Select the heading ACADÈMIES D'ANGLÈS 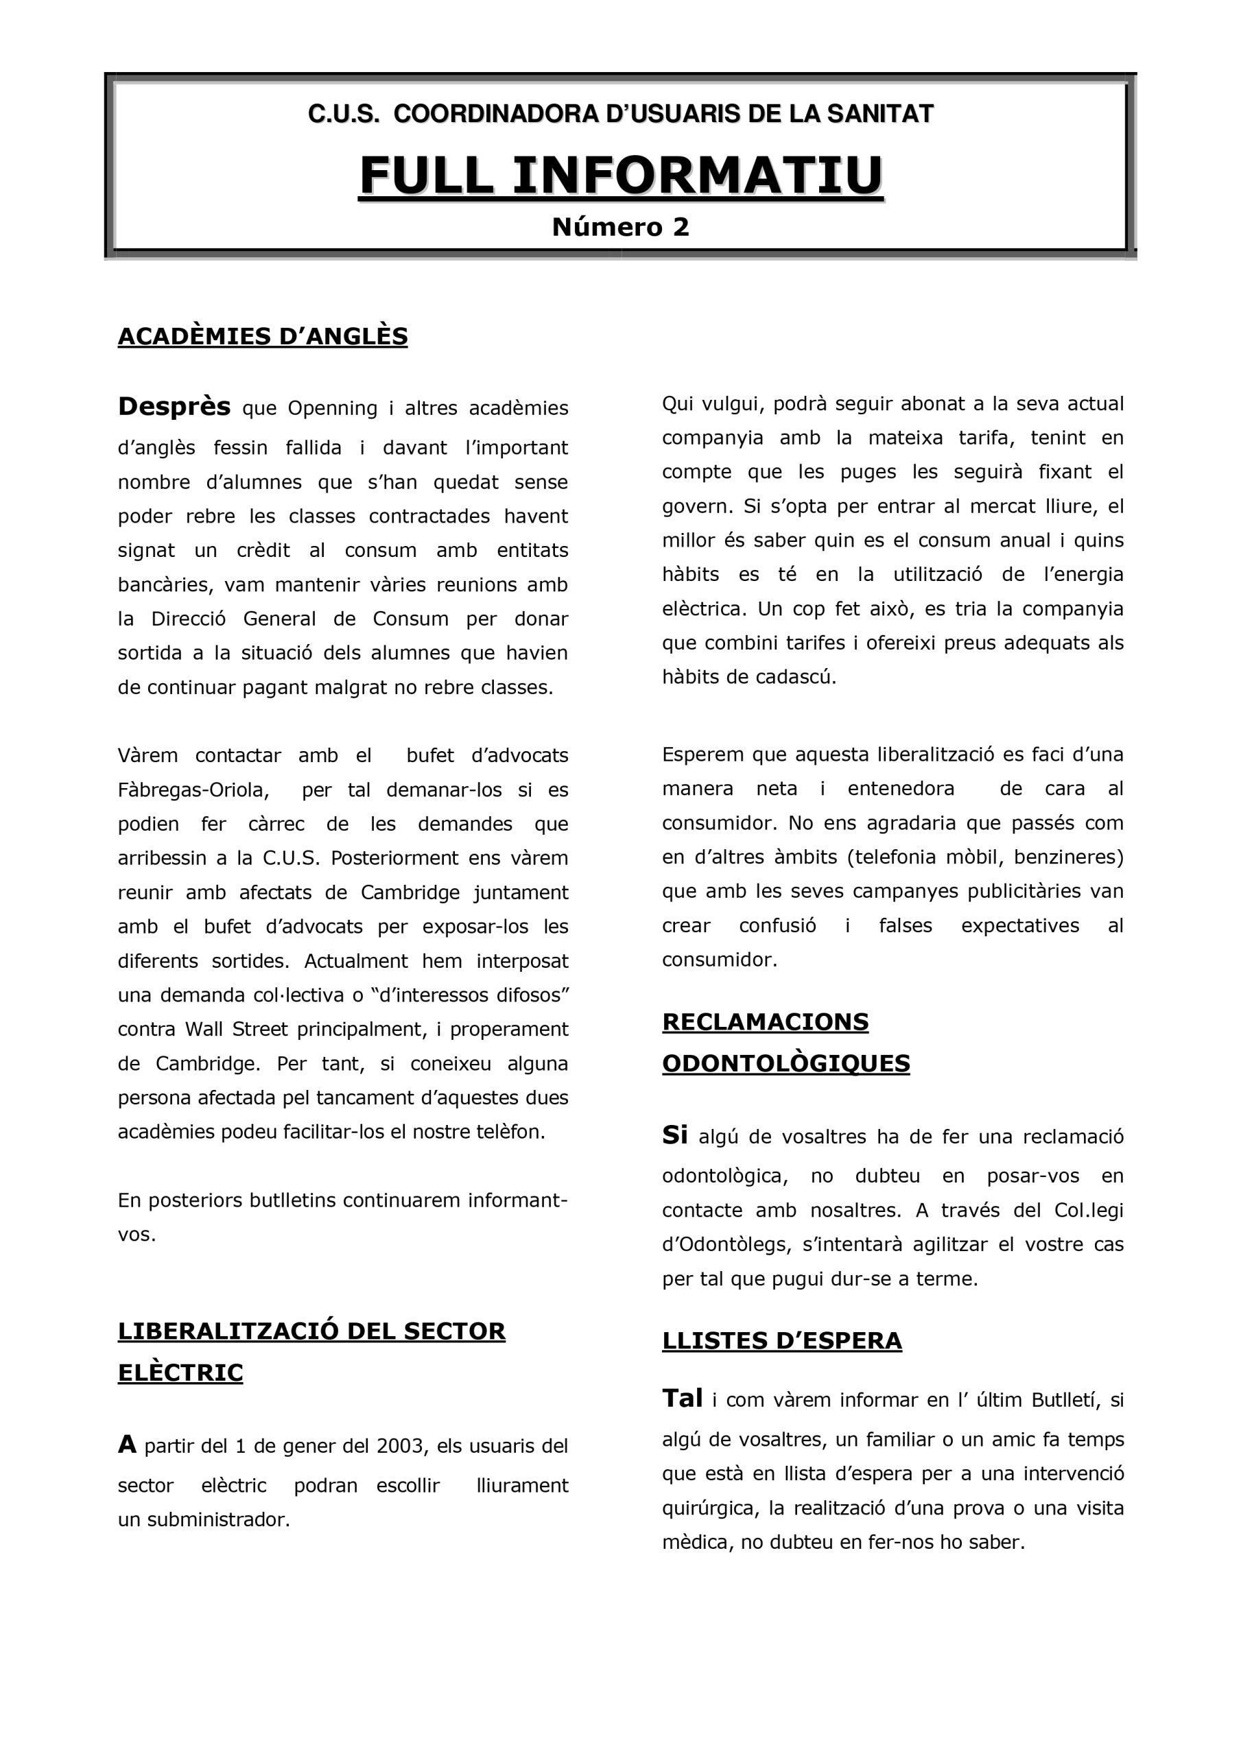(263, 337)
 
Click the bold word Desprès (174, 407)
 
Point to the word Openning (332, 410)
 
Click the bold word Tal (682, 1399)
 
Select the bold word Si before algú (675, 1135)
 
